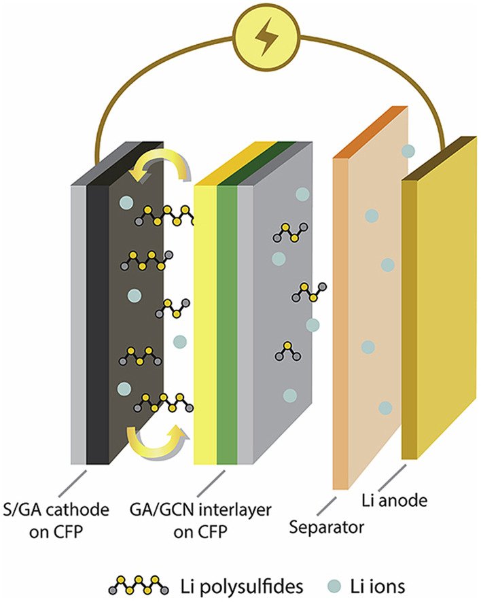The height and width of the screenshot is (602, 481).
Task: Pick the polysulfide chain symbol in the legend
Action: click(x=139, y=584)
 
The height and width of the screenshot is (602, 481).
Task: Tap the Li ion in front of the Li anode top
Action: click(x=408, y=151)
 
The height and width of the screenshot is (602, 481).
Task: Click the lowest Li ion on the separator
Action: click(x=385, y=408)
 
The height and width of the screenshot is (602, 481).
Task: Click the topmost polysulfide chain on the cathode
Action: click(x=163, y=217)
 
